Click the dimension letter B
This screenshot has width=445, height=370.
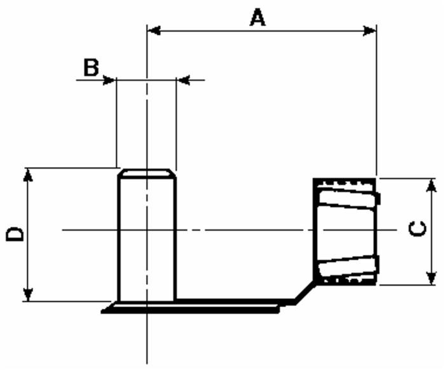pos(92,67)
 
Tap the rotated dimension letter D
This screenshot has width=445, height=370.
pos(15,233)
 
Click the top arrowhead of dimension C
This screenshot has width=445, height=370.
pos(431,185)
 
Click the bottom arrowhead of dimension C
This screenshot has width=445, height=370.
pos(431,278)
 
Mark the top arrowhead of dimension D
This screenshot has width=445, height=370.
pos(27,174)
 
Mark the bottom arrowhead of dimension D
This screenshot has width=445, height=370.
pos(27,294)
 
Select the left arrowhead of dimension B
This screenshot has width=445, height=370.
pos(109,80)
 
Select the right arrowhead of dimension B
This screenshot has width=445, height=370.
pos(183,80)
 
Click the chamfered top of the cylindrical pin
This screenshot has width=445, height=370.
pos(147,172)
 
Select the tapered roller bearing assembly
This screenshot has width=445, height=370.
pos(346,232)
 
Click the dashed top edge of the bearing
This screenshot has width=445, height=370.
pos(343,181)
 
